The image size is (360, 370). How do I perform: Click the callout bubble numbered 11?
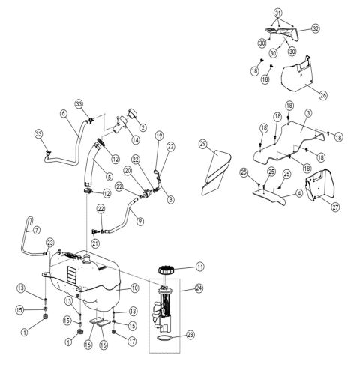pyautogui.click(x=200, y=267)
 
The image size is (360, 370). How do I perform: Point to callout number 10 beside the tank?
pyautogui.click(x=136, y=287)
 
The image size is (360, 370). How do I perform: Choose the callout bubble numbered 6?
pyautogui.click(x=64, y=113)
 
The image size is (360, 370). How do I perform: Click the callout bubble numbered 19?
pyautogui.click(x=158, y=135)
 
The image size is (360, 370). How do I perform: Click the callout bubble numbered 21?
pyautogui.click(x=95, y=243)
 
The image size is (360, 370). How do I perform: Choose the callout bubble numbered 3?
pyautogui.click(x=307, y=112)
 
